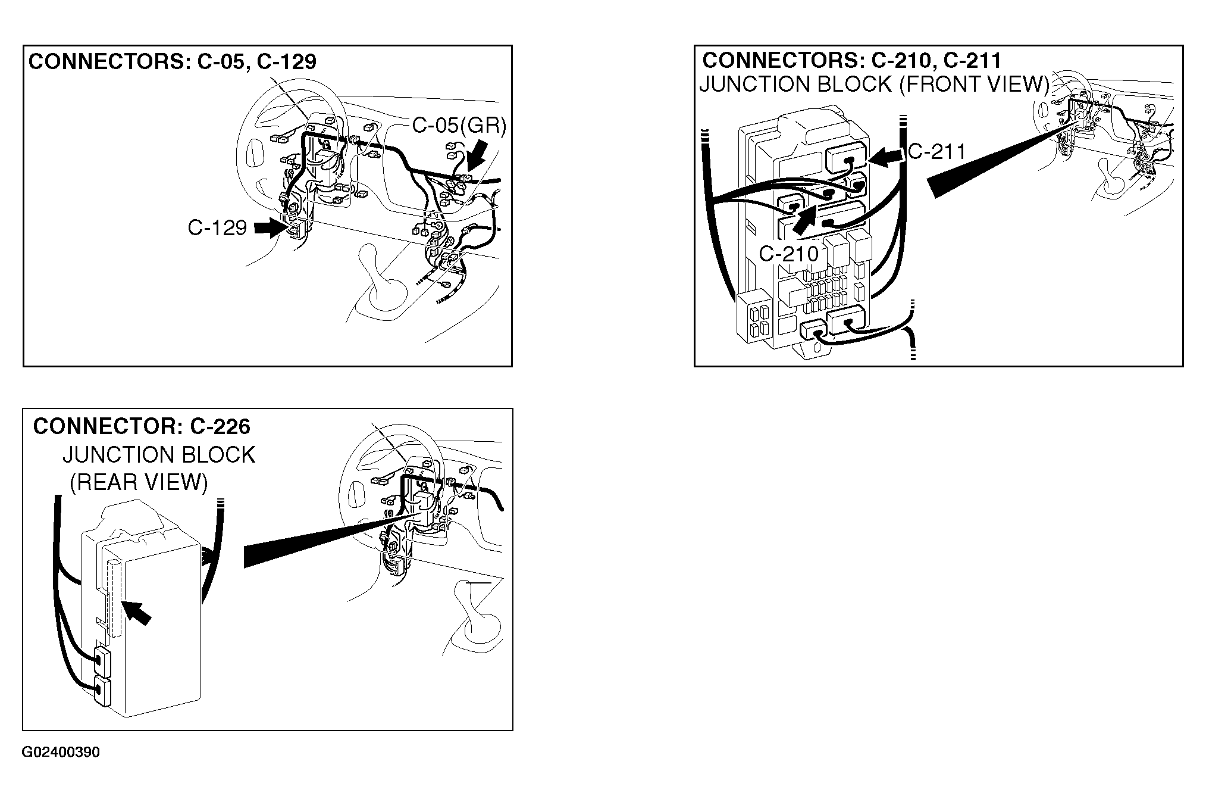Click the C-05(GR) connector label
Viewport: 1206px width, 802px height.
pyautogui.click(x=459, y=126)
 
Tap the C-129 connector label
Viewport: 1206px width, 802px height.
pyautogui.click(x=217, y=227)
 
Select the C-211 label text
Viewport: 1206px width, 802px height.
pyautogui.click(x=937, y=152)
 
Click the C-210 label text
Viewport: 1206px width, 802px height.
pyautogui.click(x=789, y=254)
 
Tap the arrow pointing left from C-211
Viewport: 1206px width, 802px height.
pyautogui.click(x=886, y=157)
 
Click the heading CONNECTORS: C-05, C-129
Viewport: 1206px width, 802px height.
pyautogui.click(x=173, y=62)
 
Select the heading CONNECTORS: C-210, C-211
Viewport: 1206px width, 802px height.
pyautogui.click(x=852, y=60)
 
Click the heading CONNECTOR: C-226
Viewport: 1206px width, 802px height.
pyautogui.click(x=142, y=426)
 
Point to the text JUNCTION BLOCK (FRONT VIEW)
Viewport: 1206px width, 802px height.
pyautogui.click(x=874, y=85)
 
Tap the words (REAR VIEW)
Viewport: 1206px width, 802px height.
pyautogui.click(x=139, y=482)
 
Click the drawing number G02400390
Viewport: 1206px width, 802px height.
pyautogui.click(x=61, y=753)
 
